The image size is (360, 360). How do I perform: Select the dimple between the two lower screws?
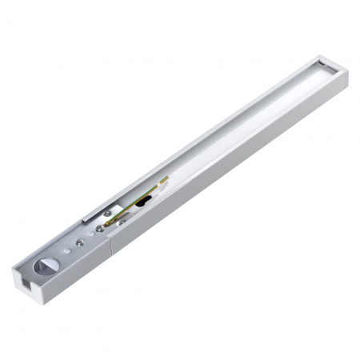point(90,233)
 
